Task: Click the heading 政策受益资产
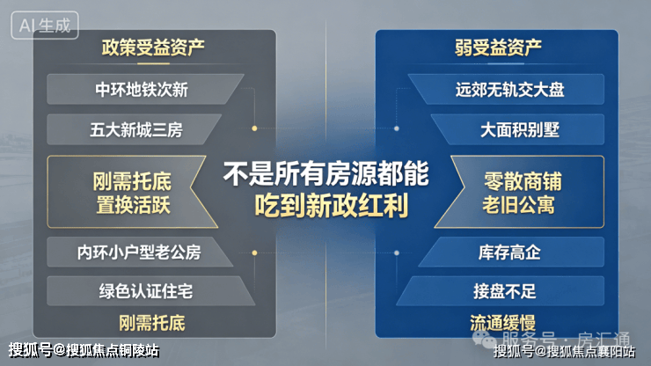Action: click(x=153, y=48)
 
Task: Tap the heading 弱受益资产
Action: click(x=498, y=48)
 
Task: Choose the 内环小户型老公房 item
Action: click(x=139, y=253)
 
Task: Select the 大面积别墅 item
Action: click(x=519, y=129)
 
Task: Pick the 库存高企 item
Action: click(x=509, y=253)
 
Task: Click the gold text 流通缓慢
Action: click(x=502, y=323)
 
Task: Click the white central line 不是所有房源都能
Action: click(x=325, y=173)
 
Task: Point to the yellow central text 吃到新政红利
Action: click(x=331, y=205)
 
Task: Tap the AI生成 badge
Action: click(x=45, y=26)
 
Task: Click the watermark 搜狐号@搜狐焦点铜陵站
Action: click(x=84, y=350)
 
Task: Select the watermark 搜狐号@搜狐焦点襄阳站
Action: click(x=564, y=351)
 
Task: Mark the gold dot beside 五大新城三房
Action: click(x=254, y=128)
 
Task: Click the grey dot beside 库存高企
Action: click(x=397, y=253)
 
